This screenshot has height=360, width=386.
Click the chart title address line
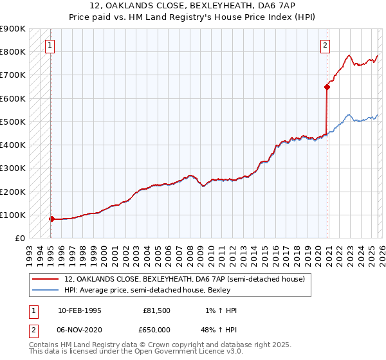[x=193, y=5]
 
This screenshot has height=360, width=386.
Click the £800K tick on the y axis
[x=13, y=52]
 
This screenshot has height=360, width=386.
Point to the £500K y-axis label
[x=13, y=122]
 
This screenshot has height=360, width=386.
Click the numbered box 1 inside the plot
[x=50, y=46]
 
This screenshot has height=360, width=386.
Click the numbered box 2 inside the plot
[x=326, y=46]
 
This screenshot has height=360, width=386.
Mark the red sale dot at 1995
[x=51, y=219]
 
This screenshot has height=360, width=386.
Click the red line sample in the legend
[x=46, y=279]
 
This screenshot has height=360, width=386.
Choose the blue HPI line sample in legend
[x=46, y=289]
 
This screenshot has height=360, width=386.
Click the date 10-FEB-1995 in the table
[x=79, y=310]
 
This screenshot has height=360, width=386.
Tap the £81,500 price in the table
[x=157, y=310]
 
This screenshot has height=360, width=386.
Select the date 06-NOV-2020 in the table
[x=80, y=328]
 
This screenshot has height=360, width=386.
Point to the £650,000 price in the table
[x=157, y=328]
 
